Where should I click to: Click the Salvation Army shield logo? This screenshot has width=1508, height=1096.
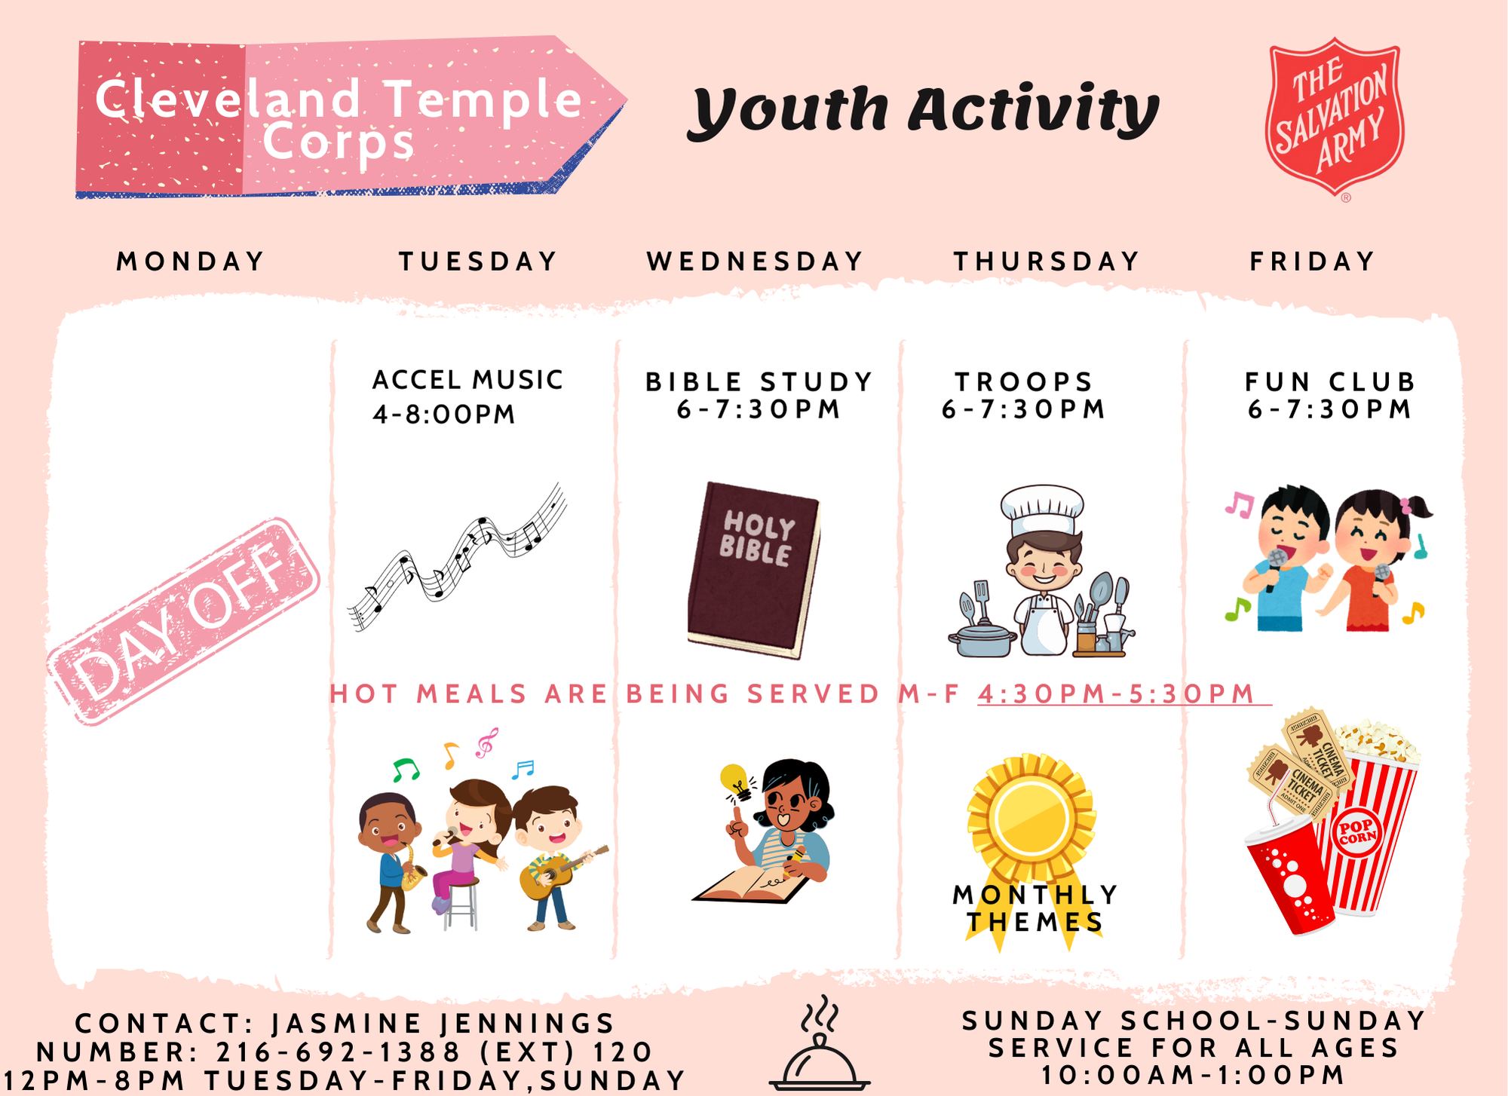pyautogui.click(x=1335, y=121)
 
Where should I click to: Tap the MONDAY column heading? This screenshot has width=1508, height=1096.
pyautogui.click(x=191, y=262)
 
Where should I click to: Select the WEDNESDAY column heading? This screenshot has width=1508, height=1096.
pyautogui.click(x=755, y=262)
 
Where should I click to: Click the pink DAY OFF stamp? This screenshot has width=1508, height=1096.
pyautogui.click(x=183, y=621)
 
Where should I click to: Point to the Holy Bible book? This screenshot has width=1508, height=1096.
pyautogui.click(x=753, y=570)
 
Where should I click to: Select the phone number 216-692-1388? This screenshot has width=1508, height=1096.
pyautogui.click(x=339, y=1052)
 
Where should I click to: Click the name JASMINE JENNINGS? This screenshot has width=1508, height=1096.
pyautogui.click(x=443, y=1024)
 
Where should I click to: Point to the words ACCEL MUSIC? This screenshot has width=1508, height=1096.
pyautogui.click(x=467, y=380)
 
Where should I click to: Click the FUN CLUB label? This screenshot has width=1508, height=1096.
pyautogui.click(x=1331, y=382)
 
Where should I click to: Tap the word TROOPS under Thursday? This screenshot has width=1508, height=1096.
pyautogui.click(x=1024, y=382)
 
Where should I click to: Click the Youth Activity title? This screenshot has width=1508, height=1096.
pyautogui.click(x=923, y=112)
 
